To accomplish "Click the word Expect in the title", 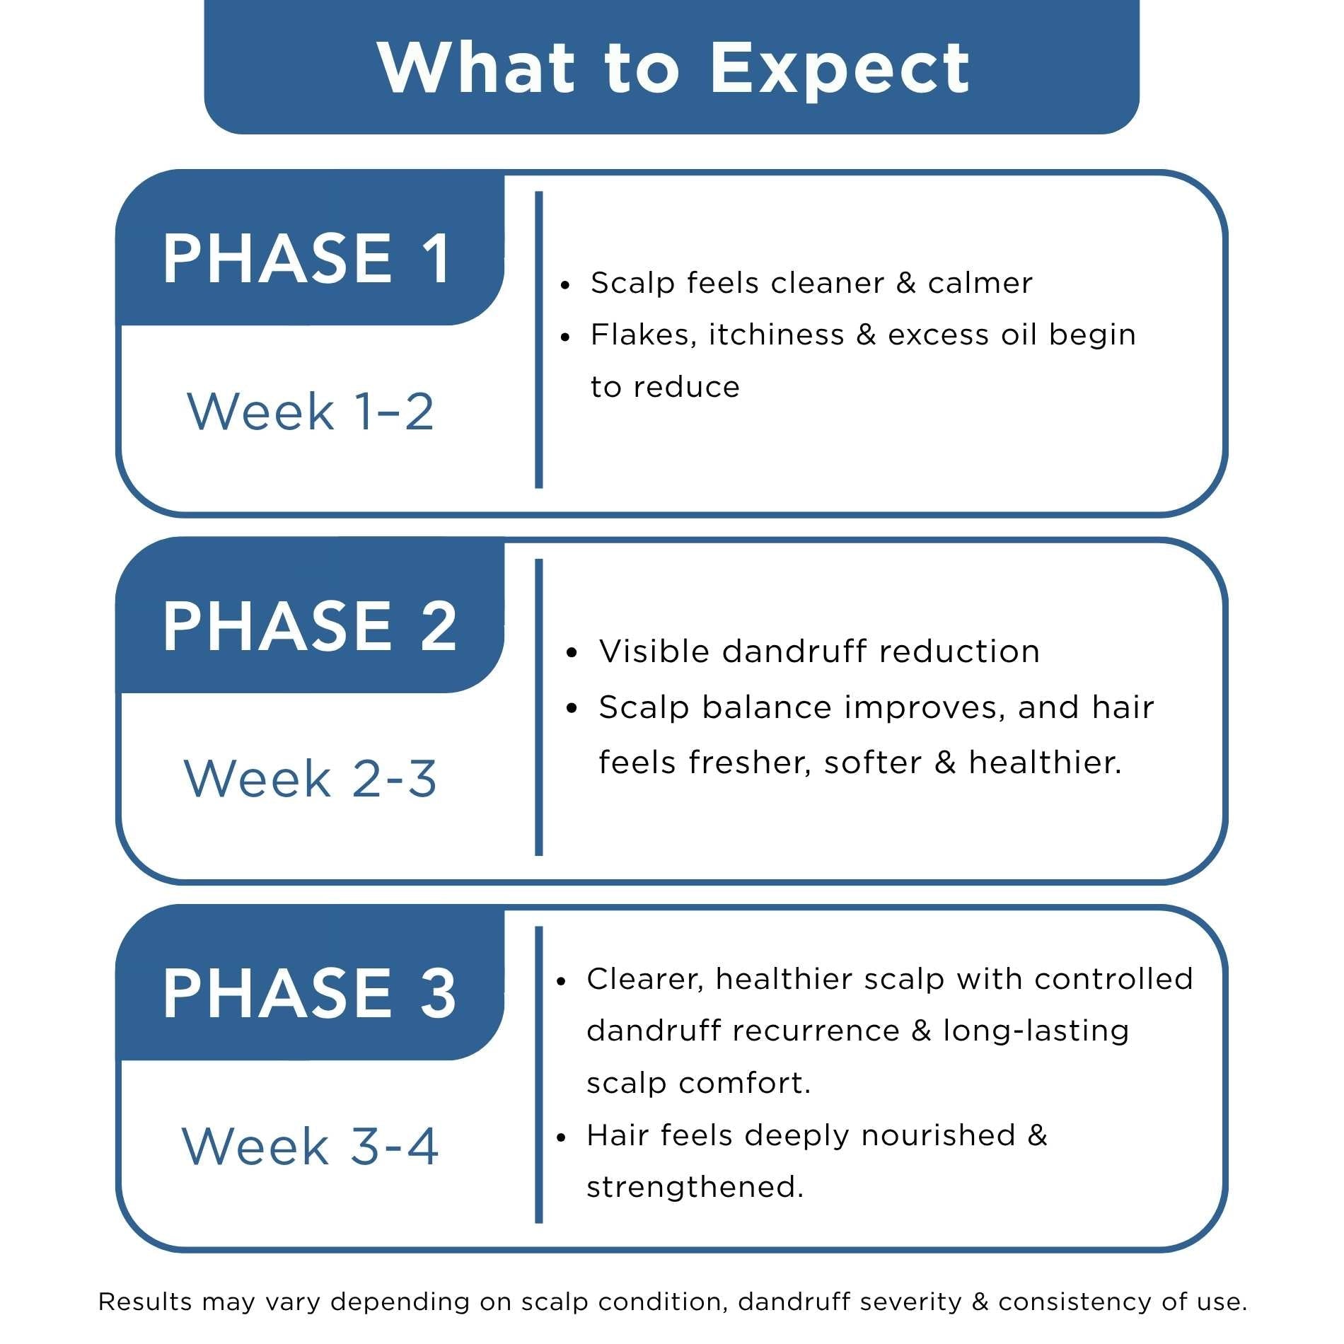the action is click(x=840, y=69).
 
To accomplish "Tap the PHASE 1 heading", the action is click(x=307, y=258).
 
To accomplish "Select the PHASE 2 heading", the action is click(x=310, y=625).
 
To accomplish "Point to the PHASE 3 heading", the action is click(x=310, y=993).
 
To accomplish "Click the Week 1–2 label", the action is click(x=311, y=411).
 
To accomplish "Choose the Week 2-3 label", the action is click(x=311, y=779).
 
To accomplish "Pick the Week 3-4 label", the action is click(x=311, y=1146).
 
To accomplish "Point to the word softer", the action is click(x=873, y=763).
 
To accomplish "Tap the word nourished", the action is click(x=939, y=1135).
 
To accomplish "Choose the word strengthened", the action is click(x=695, y=1188).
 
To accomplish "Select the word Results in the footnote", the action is click(x=145, y=1302).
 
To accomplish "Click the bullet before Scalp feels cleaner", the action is click(x=564, y=286).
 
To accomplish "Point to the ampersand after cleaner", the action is click(x=906, y=283).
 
